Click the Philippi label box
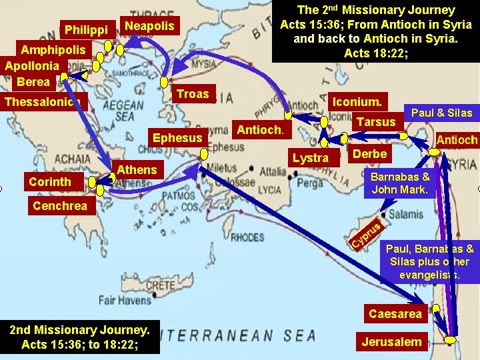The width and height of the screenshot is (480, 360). pyautogui.click(x=86, y=30)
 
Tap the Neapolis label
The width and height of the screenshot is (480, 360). pyautogui.click(x=149, y=26)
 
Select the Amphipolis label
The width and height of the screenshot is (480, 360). pyautogui.click(x=53, y=50)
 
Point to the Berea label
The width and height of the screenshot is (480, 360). pyautogui.click(x=33, y=81)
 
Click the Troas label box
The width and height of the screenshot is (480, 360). pyautogui.click(x=193, y=94)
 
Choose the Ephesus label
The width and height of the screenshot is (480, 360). pyautogui.click(x=177, y=137)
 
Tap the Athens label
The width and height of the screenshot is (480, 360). pyautogui.click(x=137, y=170)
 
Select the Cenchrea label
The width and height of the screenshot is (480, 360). pyautogui.click(x=60, y=205)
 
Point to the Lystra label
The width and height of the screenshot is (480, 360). pyautogui.click(x=311, y=158)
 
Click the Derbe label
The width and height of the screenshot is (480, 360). pyautogui.click(x=369, y=154)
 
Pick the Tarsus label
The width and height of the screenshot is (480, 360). pyautogui.click(x=376, y=121)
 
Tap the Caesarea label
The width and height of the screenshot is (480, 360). pyautogui.click(x=395, y=313)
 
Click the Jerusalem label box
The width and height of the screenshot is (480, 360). pyautogui.click(x=391, y=341)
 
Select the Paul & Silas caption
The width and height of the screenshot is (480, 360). pyautogui.click(x=441, y=113)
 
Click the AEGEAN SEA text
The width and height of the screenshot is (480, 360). pyautogui.click(x=123, y=110)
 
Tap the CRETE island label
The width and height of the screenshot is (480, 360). pyautogui.click(x=160, y=285)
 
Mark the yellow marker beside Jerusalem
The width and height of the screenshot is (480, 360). pyautogui.click(x=450, y=340)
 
